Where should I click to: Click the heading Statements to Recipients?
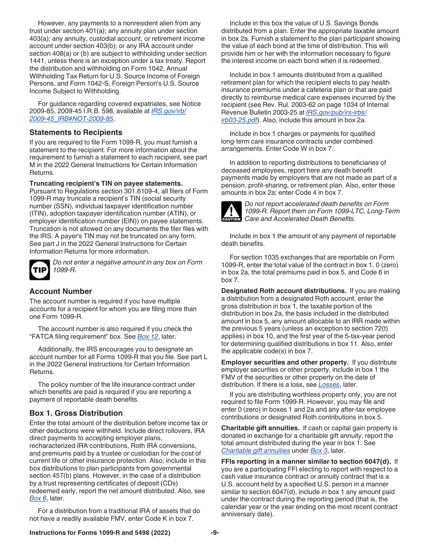[76, 132]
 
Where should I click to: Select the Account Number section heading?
[61, 291]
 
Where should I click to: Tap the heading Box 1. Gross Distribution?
[76, 413]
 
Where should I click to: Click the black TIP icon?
[39, 270]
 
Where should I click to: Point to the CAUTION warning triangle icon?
[231, 211]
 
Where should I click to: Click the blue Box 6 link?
[38, 498]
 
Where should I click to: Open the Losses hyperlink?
[329, 384]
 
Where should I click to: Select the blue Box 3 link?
[319, 451]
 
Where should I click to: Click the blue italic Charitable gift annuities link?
[255, 451]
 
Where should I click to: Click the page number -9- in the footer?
[215, 533]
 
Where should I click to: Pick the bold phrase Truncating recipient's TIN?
[106, 183]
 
